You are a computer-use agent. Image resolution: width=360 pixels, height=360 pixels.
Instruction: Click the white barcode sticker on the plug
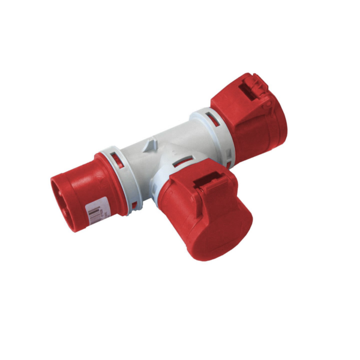click(94, 211)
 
